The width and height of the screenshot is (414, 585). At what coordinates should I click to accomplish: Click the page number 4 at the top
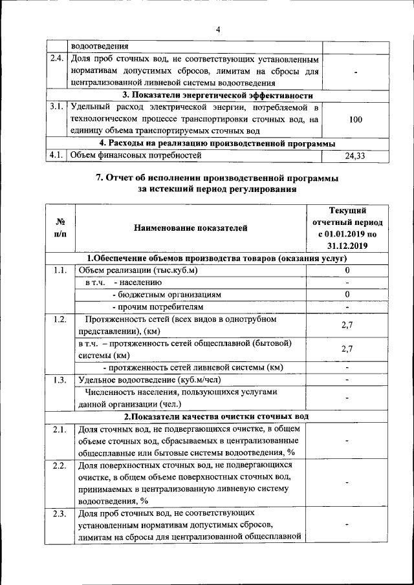pos(218,29)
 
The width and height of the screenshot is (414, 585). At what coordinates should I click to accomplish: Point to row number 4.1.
pos(56,155)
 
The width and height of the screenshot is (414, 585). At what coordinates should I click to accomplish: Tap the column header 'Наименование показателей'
pos(190,228)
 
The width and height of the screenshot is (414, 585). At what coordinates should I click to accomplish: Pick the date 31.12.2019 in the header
pos(347,246)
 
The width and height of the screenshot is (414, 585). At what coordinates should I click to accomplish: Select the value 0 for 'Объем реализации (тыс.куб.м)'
pos(347,270)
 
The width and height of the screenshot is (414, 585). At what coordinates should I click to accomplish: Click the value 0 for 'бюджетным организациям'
pos(347,294)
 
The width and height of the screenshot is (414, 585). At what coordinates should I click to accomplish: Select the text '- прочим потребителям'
pos(157,306)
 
